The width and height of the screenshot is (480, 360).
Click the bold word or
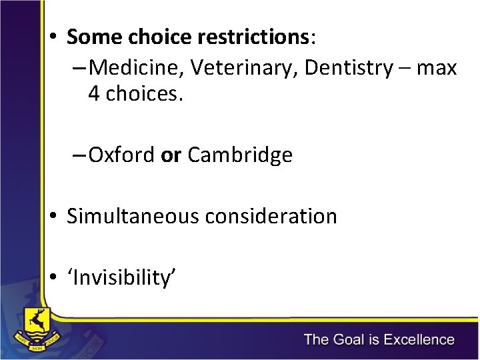pyautogui.click(x=171, y=155)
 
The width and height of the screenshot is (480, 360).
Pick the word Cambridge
pyautogui.click(x=240, y=155)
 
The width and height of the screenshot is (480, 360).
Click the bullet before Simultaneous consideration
pyautogui.click(x=53, y=216)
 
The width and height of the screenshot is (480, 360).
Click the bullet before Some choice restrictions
pyautogui.click(x=53, y=37)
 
